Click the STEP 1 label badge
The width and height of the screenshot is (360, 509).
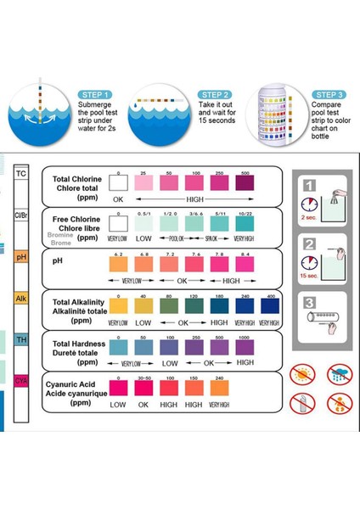click(95, 94)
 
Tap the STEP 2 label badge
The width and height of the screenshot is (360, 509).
click(215, 94)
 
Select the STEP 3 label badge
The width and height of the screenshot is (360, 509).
click(327, 94)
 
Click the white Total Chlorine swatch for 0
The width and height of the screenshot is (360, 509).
click(120, 182)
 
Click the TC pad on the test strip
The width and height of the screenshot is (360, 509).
click(22, 174)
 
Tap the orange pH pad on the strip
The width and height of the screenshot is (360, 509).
click(22, 257)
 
